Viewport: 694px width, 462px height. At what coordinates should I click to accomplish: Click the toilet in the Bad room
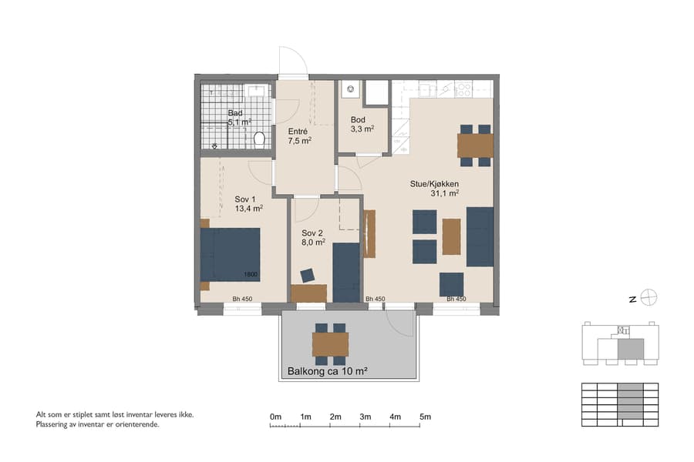tap(259, 139)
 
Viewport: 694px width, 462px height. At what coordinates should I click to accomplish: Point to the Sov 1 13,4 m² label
tap(248, 203)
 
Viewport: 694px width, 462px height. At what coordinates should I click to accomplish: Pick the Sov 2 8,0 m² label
tap(313, 237)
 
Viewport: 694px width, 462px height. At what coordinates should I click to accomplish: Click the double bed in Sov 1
tap(230, 255)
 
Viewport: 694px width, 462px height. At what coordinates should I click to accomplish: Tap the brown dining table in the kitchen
tap(475, 145)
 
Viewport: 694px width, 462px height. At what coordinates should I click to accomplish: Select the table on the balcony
tap(330, 344)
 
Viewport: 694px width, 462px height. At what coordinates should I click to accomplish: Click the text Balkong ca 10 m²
tap(327, 371)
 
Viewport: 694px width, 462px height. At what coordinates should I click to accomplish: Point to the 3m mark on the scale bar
tap(366, 417)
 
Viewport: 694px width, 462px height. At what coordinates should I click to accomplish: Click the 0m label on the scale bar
tap(275, 417)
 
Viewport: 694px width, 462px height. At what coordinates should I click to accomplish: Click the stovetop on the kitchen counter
tap(464, 89)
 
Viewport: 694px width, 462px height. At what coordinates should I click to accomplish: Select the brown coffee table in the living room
tap(451, 236)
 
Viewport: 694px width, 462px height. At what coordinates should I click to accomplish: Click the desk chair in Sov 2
tap(308, 275)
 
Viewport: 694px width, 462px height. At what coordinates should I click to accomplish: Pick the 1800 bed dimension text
tap(251, 275)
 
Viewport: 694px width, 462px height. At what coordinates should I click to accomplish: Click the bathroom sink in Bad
tap(256, 92)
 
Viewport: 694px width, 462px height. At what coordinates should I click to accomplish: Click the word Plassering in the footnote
tap(55, 424)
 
